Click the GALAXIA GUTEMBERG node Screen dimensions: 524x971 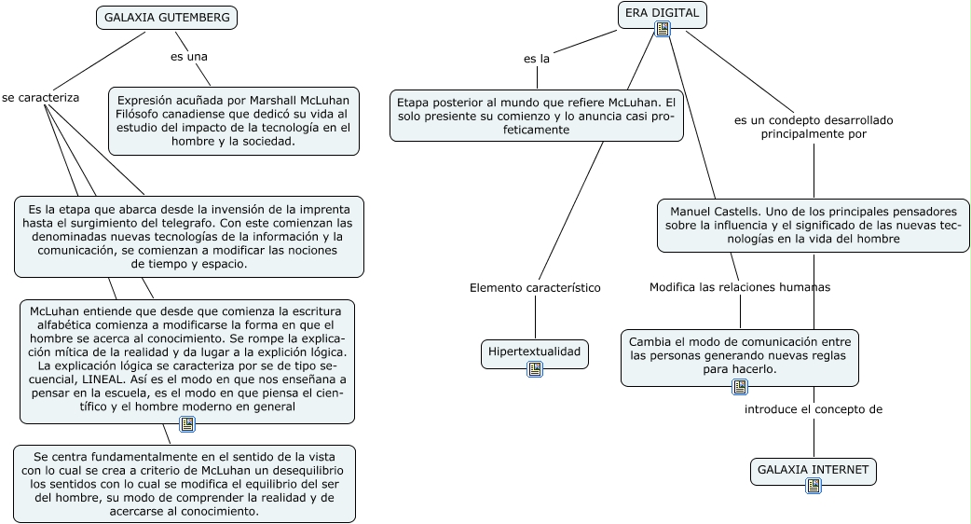coord(167,18)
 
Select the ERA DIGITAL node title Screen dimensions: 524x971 coord(662,11)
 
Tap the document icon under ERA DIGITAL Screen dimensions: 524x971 coord(663,29)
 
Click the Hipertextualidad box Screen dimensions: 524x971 coord(535,352)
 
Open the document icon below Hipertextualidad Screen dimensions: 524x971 coord(535,369)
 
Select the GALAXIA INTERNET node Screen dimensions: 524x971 coord(813,469)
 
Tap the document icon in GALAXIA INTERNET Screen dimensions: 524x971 coord(814,486)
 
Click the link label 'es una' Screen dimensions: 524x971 coord(188,57)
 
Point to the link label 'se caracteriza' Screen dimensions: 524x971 coord(40,97)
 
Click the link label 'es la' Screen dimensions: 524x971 coord(537,59)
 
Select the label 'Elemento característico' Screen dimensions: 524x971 coord(535,287)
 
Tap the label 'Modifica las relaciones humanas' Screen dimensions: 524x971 coord(739,287)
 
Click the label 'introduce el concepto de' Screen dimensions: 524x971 coord(813,409)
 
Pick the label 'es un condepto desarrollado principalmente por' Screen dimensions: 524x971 coord(814,127)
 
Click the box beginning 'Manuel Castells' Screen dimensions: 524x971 coord(814,225)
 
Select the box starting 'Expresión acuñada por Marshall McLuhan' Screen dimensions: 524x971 coord(233,120)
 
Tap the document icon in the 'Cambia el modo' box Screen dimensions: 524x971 coord(740,387)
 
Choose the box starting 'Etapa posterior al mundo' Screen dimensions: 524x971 coord(536,115)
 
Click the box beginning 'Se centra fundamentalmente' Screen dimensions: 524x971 coord(184,483)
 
